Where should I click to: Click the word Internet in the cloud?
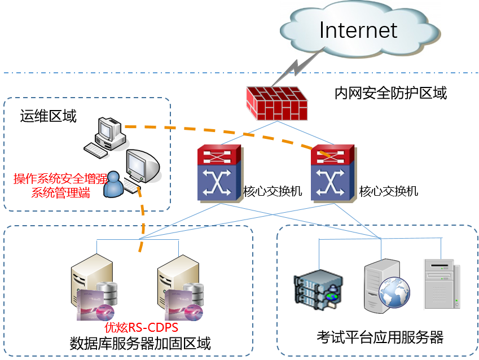(x=358, y=29)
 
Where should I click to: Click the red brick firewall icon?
(x=277, y=103)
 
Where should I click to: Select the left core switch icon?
(x=220, y=173)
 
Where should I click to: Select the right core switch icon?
(x=334, y=173)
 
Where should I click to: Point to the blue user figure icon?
(x=115, y=185)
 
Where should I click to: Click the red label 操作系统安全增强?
(x=60, y=179)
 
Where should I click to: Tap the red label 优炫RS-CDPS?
(x=142, y=327)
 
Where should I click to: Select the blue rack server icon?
(x=317, y=289)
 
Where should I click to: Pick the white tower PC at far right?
(x=441, y=284)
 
